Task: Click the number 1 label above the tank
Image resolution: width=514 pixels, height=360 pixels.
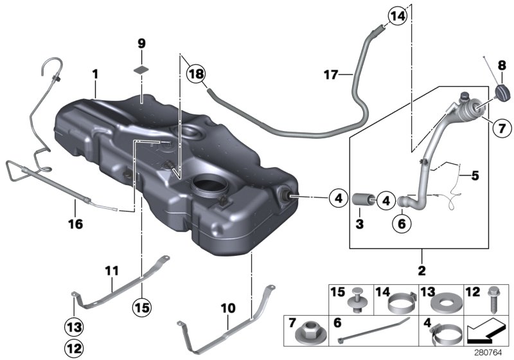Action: click(94, 75)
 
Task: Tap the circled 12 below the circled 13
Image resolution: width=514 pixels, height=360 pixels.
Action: click(74, 348)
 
